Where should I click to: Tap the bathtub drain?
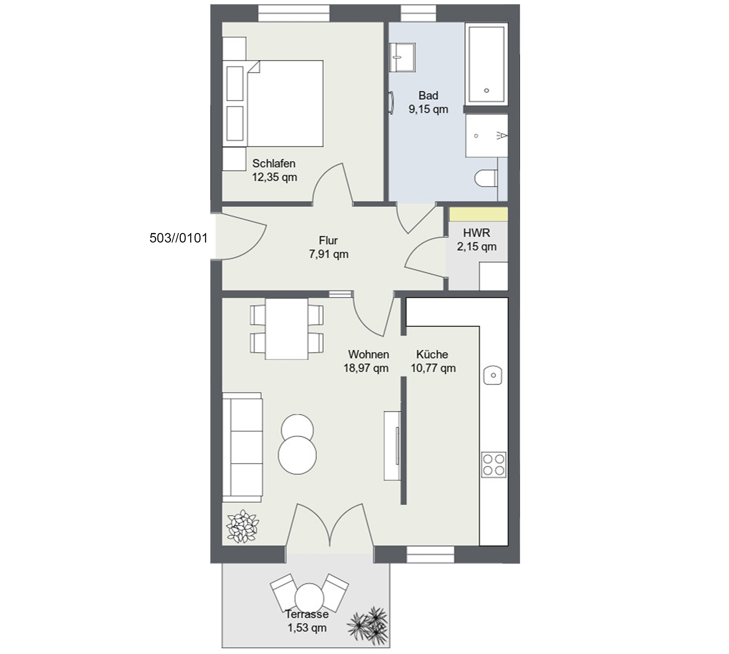pos(486,90)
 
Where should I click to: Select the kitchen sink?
pos(493,375)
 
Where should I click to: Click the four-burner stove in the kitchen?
pos(494,465)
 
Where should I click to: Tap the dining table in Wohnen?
pos(286,329)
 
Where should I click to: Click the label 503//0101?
pos(179,238)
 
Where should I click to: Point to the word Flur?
pos(328,240)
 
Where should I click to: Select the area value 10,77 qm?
pos(433,368)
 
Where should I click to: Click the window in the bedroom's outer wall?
pos(294,13)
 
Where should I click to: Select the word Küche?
pos(432,354)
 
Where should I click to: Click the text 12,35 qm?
pos(275,177)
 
